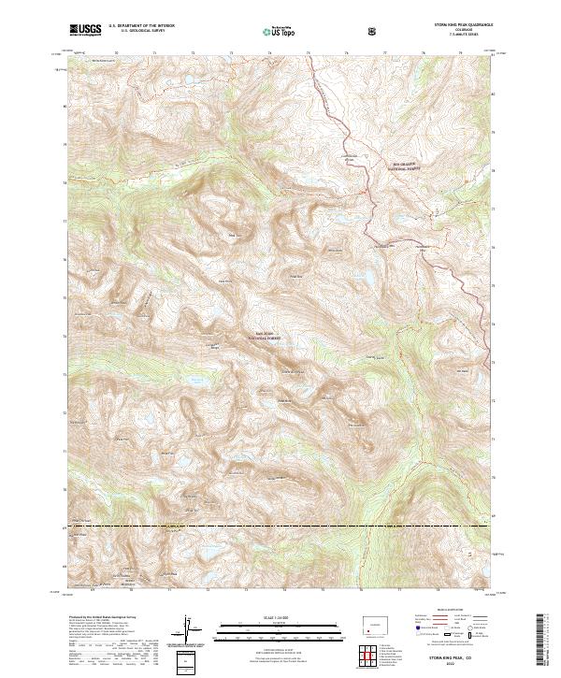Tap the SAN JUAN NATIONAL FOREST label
(265, 332)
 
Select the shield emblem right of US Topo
(374, 32)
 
